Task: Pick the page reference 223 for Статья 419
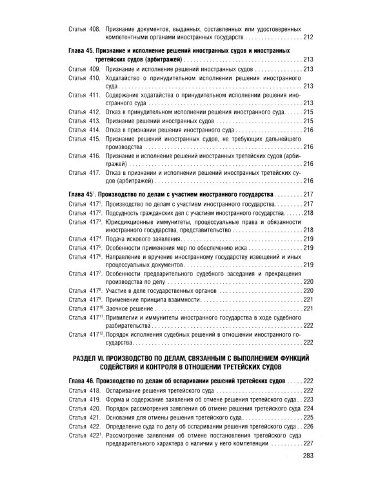(x=308, y=399)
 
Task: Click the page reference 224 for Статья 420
(x=308, y=408)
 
